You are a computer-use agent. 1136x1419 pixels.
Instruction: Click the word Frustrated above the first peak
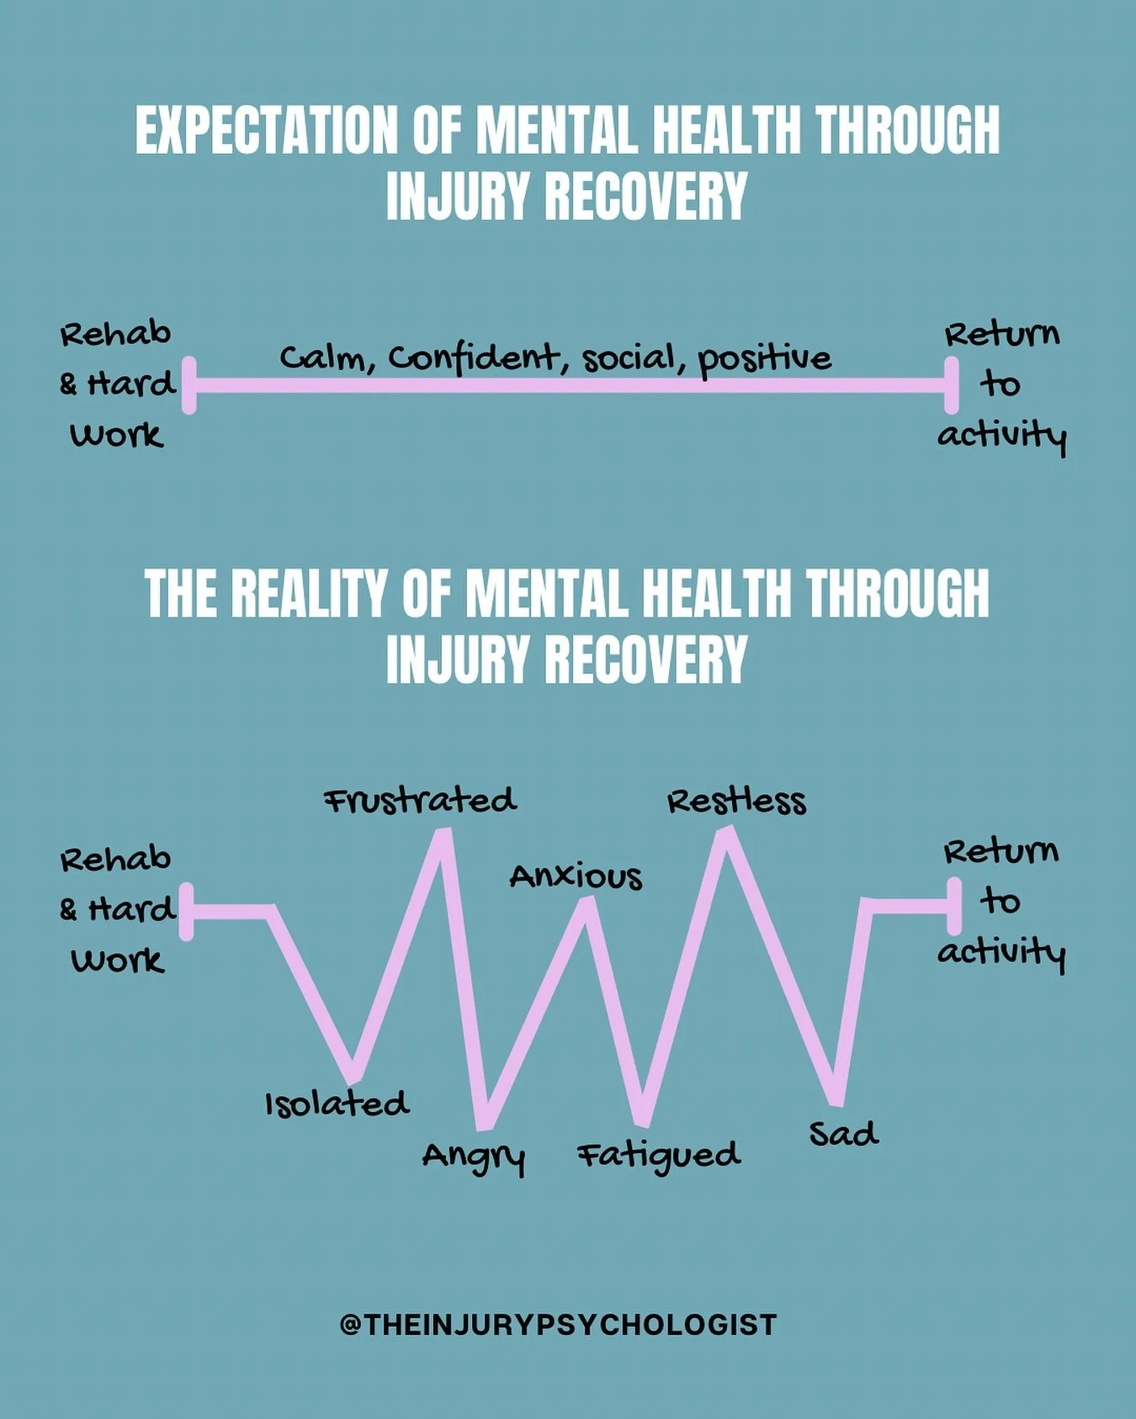pyautogui.click(x=420, y=800)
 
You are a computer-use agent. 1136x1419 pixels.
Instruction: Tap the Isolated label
pyautogui.click(x=337, y=1104)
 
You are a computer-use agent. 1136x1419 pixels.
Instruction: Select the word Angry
pyautogui.click(x=474, y=1157)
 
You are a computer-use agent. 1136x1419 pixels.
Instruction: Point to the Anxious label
pyautogui.click(x=576, y=876)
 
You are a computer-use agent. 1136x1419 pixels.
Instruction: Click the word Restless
pyautogui.click(x=736, y=801)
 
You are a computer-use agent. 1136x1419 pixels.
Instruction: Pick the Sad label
pyautogui.click(x=843, y=1134)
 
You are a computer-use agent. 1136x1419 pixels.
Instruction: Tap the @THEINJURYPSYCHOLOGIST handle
pyautogui.click(x=558, y=1325)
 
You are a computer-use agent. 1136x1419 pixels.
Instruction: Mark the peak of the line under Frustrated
pyautogui.click(x=443, y=834)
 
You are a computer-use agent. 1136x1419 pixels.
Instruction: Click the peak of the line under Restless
pyautogui.click(x=726, y=834)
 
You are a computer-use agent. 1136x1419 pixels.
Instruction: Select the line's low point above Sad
pyautogui.click(x=835, y=1099)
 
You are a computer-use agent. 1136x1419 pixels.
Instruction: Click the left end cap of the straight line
pyautogui.click(x=189, y=385)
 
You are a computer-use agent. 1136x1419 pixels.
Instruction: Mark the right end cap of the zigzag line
pyautogui.click(x=954, y=906)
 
